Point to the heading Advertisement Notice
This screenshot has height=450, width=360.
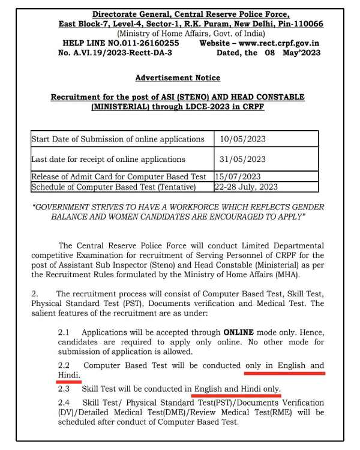coord(178,78)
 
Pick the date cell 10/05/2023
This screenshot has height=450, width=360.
coord(242,140)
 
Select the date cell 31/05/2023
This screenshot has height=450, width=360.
coord(242,159)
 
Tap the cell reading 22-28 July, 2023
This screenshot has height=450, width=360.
coord(248,187)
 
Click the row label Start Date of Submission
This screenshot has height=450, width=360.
coord(118,140)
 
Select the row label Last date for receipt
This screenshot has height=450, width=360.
coord(108,159)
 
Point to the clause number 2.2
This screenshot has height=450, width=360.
coord(64,365)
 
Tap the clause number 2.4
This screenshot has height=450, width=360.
coord(64,403)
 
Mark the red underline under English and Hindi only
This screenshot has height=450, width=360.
coord(237,395)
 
